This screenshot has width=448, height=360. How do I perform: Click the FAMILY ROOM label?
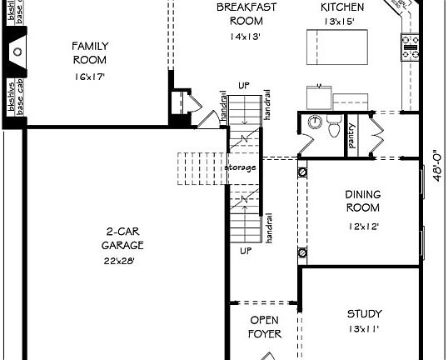[x=90, y=52]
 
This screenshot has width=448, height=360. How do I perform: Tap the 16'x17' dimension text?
[x=90, y=77]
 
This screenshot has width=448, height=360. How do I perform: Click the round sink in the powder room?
[x=313, y=122]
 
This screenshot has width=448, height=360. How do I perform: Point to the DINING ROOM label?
[x=363, y=201]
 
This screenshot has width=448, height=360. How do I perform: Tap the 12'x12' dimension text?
[x=363, y=226]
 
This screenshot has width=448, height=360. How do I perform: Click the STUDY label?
[x=364, y=314]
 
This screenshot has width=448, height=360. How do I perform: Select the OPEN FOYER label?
[x=264, y=327]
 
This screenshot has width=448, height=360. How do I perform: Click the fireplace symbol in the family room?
[x=15, y=52]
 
